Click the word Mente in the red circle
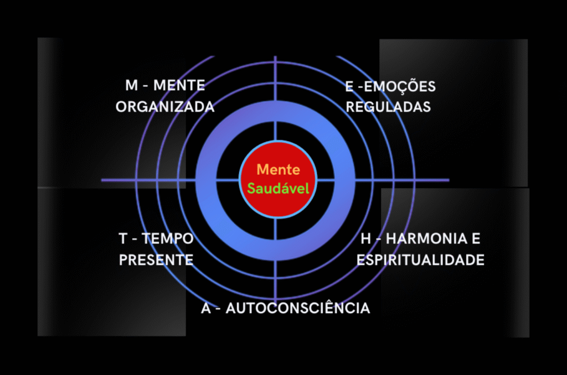pos(279,170)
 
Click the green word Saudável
pos(278,188)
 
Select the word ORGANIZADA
pos(165,107)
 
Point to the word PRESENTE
pos(156,260)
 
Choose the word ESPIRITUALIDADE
pos(420,260)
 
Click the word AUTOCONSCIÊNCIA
pos(298,308)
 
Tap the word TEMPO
pos(168,239)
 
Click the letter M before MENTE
pos(131,86)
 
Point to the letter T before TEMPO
pos(123,239)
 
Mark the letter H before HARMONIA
pos(365,239)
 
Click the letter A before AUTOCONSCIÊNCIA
pos(206,308)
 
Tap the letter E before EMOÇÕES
pos(349,87)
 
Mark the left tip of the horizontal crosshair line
pos(102,180)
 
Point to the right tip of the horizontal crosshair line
pos(448,180)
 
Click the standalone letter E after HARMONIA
pos(476,239)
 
